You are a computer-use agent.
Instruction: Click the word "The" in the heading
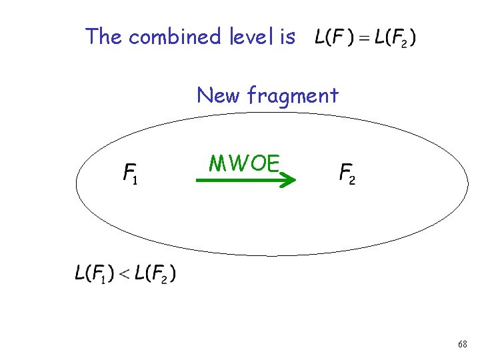click(x=104, y=36)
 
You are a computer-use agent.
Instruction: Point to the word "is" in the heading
click(x=287, y=36)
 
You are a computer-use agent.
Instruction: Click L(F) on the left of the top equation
click(x=331, y=37)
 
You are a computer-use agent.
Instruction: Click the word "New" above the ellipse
click(x=219, y=95)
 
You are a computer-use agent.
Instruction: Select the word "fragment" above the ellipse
click(x=293, y=97)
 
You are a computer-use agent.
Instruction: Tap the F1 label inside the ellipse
click(x=130, y=175)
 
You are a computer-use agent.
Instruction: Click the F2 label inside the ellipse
click(x=347, y=175)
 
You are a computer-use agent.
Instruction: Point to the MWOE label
click(x=243, y=163)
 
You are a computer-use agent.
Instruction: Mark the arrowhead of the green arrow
click(x=287, y=179)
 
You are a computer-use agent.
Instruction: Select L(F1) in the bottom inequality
click(x=91, y=273)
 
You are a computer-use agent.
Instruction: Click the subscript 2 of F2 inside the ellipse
click(x=352, y=181)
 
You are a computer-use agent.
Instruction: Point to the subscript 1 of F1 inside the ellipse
click(x=135, y=181)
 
